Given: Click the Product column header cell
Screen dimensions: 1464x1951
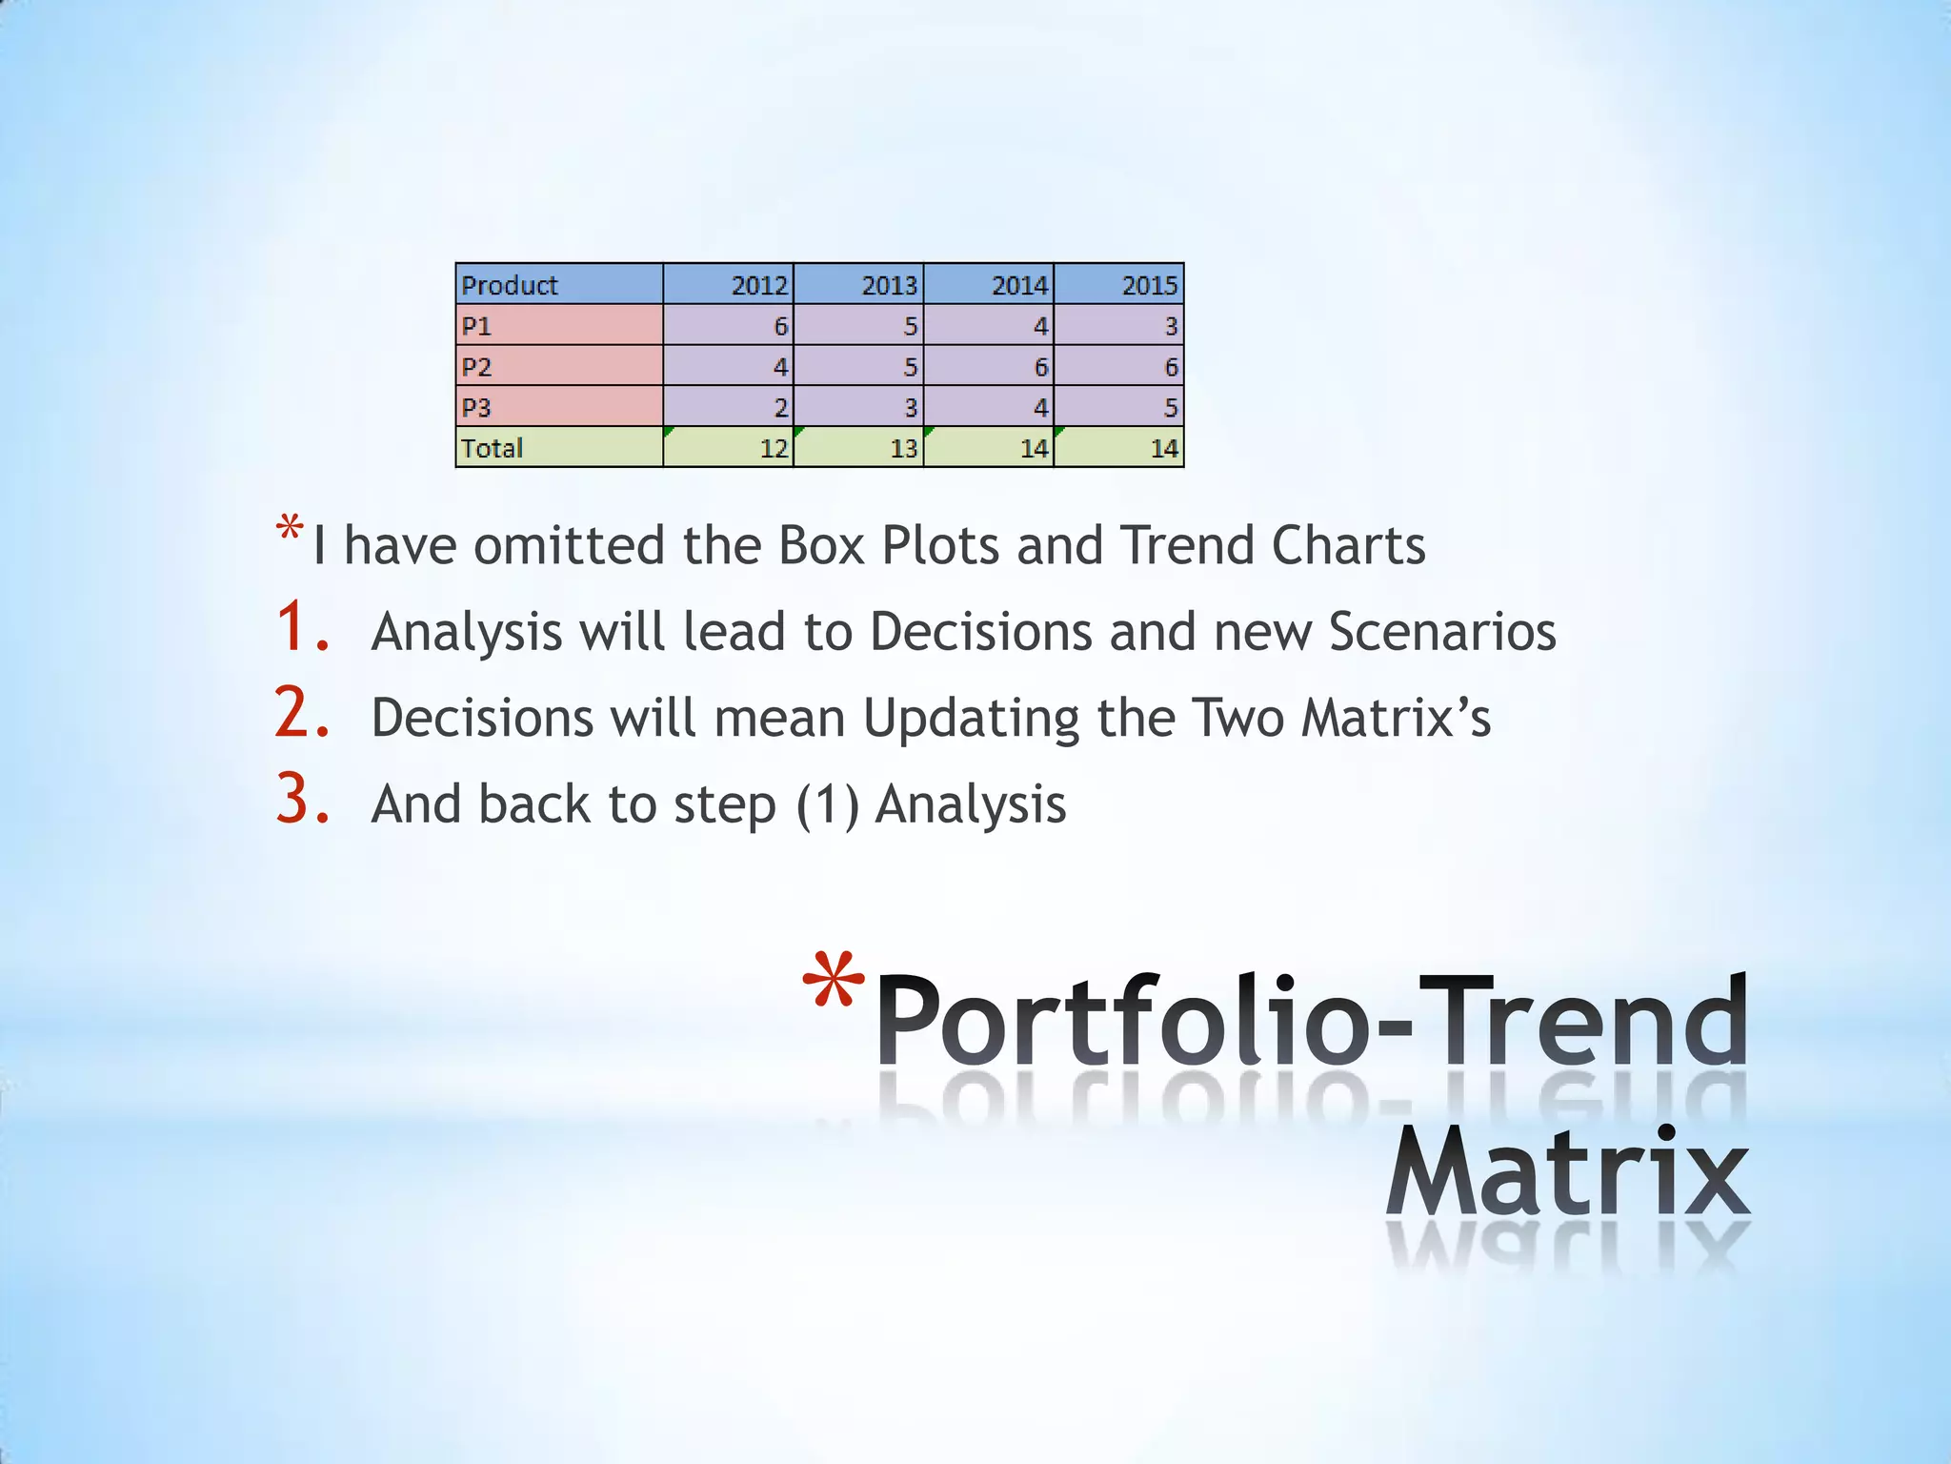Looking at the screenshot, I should point(559,285).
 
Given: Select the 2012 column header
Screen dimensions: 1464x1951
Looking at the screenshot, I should point(729,285).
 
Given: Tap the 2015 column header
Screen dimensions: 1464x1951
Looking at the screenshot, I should point(1119,285).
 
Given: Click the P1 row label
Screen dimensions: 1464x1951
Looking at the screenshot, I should point(559,326).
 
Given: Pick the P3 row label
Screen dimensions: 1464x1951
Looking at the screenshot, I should point(559,407).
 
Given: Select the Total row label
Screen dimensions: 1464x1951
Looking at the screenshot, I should point(559,448).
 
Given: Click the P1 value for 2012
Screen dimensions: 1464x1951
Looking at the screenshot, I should point(729,326).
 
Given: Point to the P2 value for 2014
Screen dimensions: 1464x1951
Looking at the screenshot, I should point(989,367).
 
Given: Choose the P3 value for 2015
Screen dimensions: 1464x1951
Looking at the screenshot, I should point(1119,407).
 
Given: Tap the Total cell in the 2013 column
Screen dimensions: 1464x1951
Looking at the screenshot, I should point(858,448).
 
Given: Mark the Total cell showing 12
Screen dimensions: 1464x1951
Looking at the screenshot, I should point(729,448).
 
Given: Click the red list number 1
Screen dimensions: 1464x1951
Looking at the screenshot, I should point(302,628).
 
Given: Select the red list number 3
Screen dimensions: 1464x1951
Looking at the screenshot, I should point(302,800).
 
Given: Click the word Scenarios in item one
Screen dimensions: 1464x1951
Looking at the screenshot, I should point(1442,632).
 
